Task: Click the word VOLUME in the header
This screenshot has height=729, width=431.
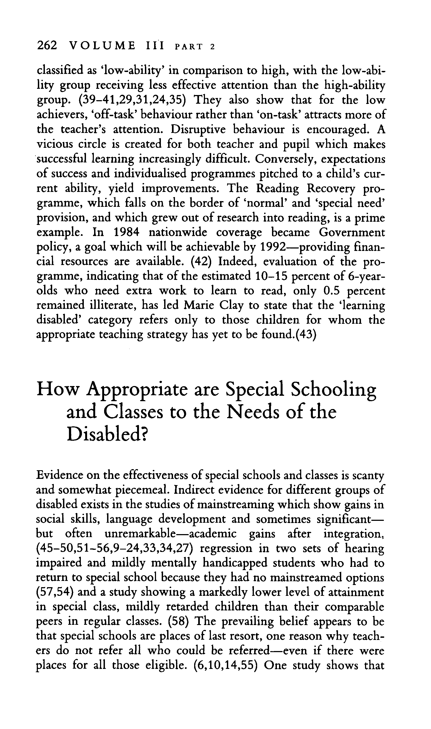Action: [103, 46]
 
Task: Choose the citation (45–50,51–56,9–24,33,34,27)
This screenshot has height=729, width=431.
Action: [115, 548]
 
